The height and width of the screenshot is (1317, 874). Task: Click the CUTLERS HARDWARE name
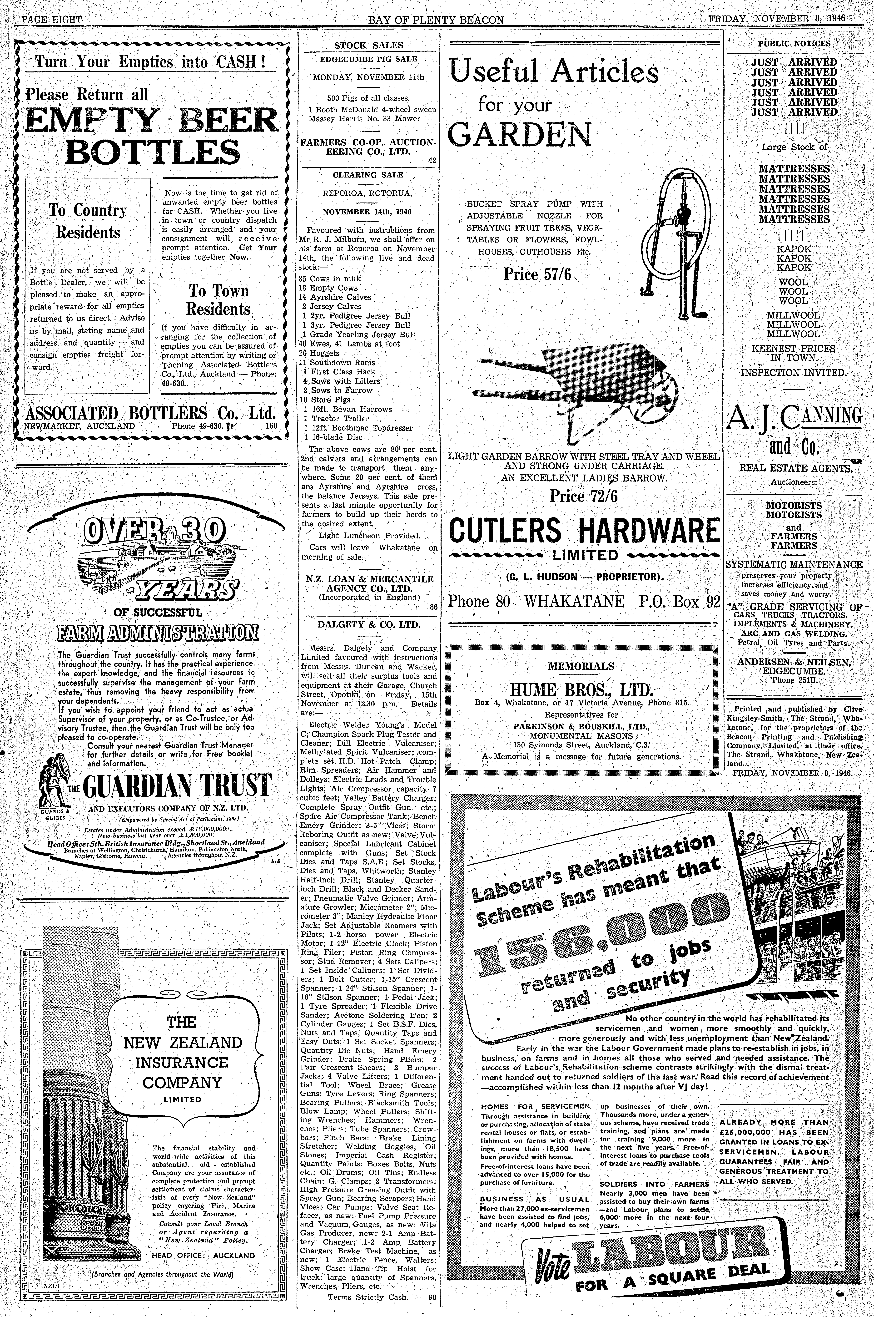(584, 530)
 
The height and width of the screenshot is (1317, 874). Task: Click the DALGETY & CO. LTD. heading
(368, 624)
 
